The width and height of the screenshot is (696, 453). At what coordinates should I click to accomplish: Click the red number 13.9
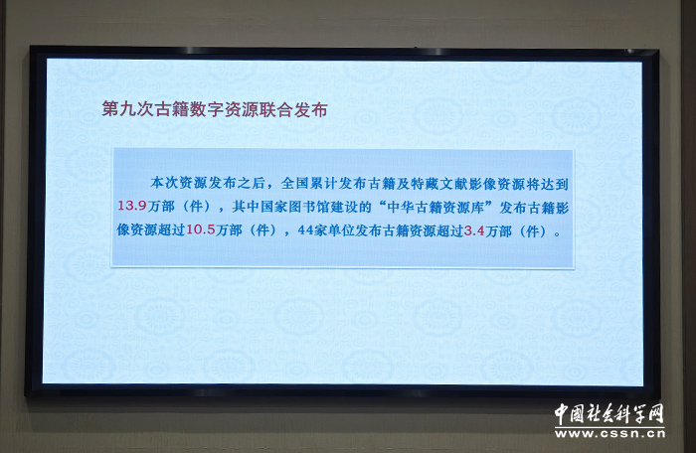132,206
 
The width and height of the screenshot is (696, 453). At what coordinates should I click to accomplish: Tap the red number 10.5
200,229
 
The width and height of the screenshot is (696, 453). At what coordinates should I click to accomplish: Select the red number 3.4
474,230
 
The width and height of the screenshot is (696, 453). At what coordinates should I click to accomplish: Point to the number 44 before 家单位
305,230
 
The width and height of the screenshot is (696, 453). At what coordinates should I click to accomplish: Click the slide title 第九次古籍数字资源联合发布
215,109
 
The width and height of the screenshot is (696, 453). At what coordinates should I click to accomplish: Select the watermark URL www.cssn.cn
609,433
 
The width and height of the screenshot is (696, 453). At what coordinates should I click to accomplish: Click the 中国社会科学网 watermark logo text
609,414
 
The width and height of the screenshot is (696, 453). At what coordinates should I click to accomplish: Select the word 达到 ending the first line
555,184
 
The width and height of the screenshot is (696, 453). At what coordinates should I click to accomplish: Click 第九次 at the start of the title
124,109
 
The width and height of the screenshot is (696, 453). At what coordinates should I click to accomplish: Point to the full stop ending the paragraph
558,233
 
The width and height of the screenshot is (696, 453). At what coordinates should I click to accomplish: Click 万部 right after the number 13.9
161,207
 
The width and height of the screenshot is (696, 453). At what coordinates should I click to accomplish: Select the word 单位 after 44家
341,230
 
